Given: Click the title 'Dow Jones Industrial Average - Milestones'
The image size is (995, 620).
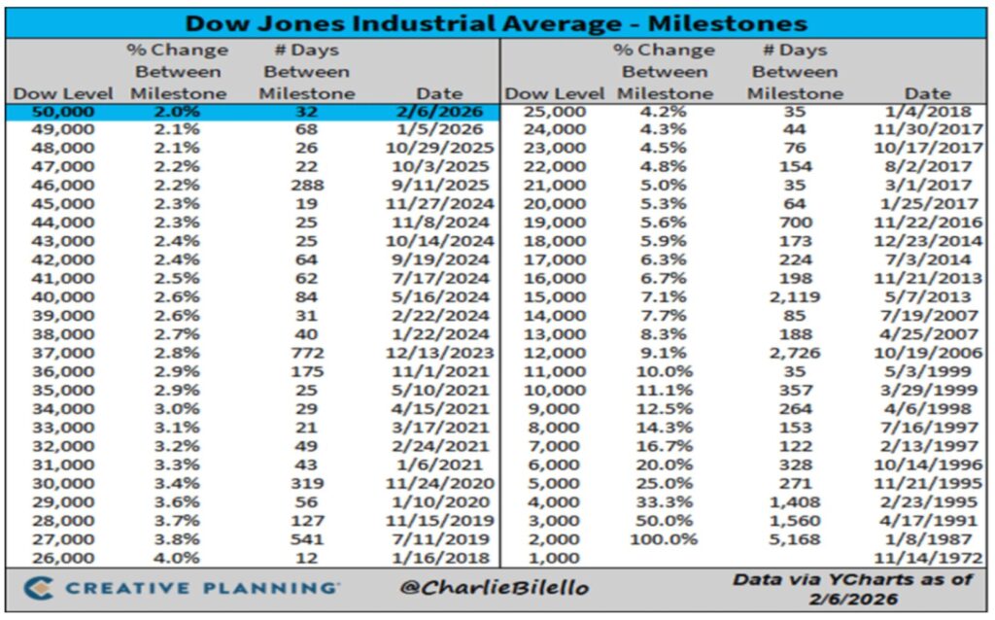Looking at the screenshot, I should coord(497,22).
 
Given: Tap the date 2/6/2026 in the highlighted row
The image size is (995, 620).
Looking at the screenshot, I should coord(439,112).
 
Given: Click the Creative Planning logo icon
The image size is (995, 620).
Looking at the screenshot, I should coord(37,589).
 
